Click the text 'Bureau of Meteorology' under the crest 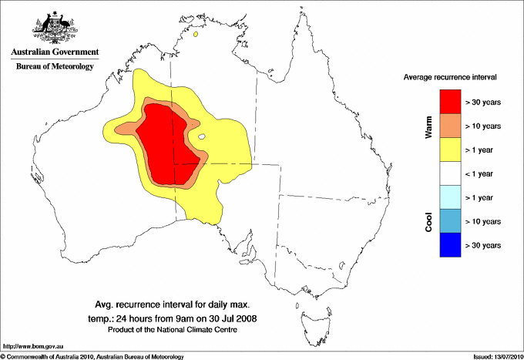[x=54, y=67]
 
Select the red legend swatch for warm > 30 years [x=450, y=102]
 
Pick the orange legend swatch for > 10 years [x=450, y=126]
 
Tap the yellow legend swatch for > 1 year [x=450, y=150]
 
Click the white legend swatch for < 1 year [x=450, y=173]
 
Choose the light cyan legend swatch [x=450, y=197]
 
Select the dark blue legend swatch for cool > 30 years [x=450, y=245]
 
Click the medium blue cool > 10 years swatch [x=450, y=221]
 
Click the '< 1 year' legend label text [x=483, y=174]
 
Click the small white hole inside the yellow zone [x=202, y=137]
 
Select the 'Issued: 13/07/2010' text [x=496, y=356]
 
